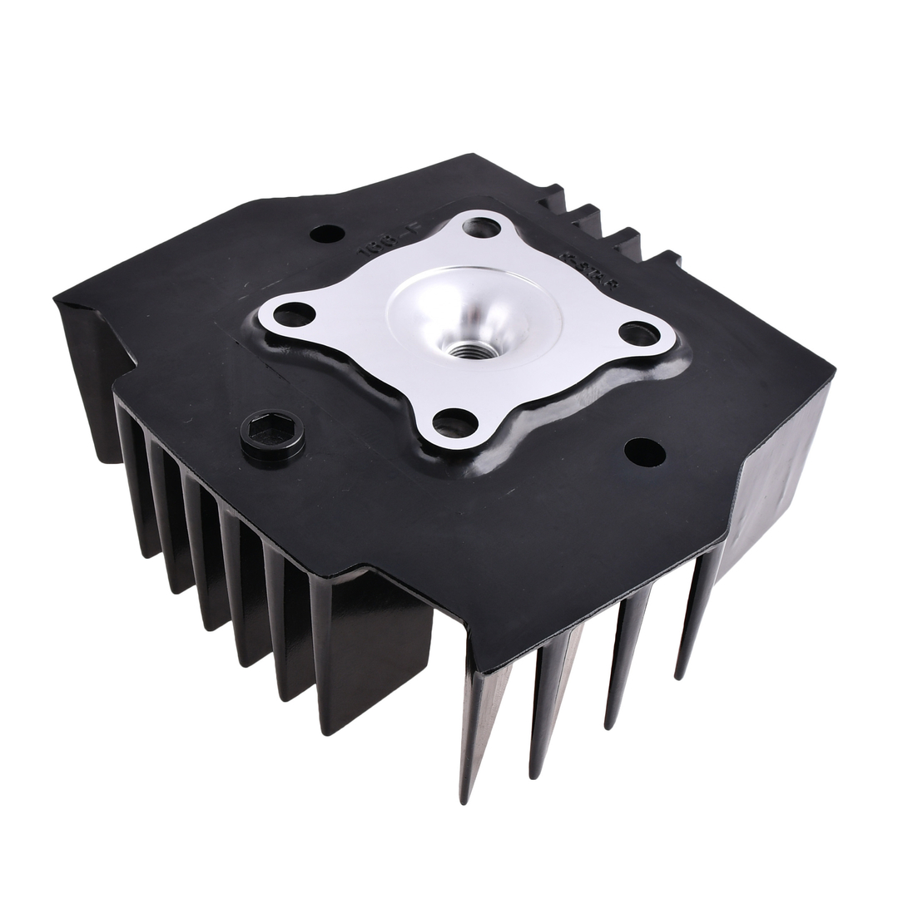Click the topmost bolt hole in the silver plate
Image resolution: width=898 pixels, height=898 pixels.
tap(481, 227)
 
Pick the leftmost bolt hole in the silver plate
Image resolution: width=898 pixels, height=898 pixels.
tap(295, 315)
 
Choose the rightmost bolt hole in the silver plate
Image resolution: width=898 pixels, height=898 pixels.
tap(639, 333)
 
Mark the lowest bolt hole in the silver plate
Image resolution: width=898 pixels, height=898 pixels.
tap(455, 422)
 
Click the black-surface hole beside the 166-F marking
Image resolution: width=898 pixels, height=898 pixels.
tap(327, 234)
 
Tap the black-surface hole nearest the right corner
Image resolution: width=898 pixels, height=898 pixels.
tap(645, 452)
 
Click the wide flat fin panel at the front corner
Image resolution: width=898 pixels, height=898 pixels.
tap(375, 657)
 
